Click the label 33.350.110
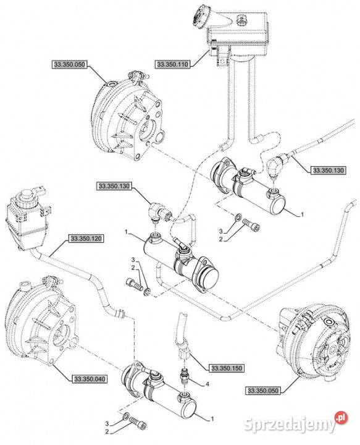(x=172, y=64)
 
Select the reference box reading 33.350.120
(x=86, y=239)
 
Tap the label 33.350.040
(x=90, y=379)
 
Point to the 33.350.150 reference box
(x=227, y=368)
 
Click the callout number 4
(x=207, y=384)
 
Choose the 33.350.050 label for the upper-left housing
(x=69, y=64)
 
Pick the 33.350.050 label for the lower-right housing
(x=263, y=391)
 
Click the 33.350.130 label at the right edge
(x=329, y=171)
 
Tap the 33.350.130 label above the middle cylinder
(x=114, y=186)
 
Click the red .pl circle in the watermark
(x=341, y=418)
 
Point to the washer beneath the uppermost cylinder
(x=238, y=218)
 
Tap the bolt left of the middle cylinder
(x=135, y=284)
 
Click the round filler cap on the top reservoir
(x=200, y=17)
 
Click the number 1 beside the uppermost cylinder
(x=302, y=215)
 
